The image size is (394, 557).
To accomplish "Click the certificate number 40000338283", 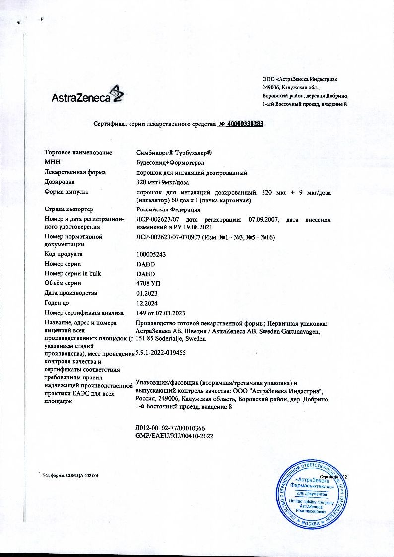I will [241, 125].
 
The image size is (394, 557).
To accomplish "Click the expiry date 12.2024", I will [146, 303].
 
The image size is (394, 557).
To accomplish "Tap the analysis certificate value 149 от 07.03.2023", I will [160, 313].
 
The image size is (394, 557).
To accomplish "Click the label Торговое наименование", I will [78, 153].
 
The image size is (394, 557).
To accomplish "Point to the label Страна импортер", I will [69, 209].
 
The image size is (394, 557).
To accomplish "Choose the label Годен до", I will [58, 303].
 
